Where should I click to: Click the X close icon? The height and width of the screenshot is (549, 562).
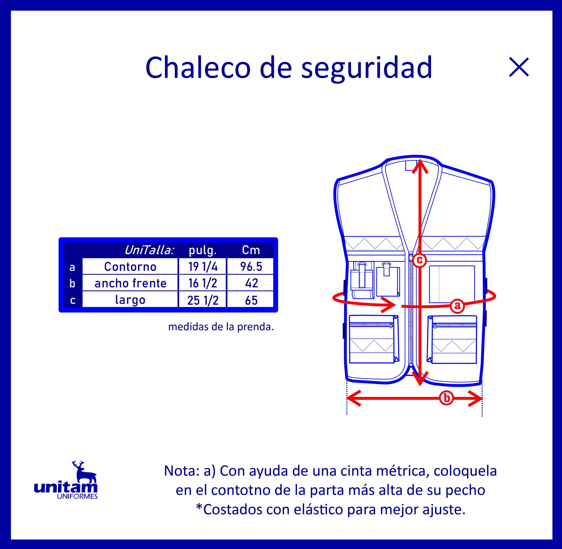pyautogui.click(x=519, y=67)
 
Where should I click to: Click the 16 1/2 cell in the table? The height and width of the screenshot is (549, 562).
pyautogui.click(x=203, y=283)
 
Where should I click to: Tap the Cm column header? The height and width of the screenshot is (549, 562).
pyautogui.click(x=251, y=250)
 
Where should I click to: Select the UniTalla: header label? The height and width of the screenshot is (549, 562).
pyautogui.click(x=149, y=250)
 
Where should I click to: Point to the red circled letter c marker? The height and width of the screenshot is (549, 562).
pyautogui.click(x=419, y=260)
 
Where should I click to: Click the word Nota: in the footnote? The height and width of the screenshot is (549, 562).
pyautogui.click(x=182, y=471)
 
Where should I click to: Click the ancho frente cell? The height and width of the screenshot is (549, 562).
pyautogui.click(x=130, y=283)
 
